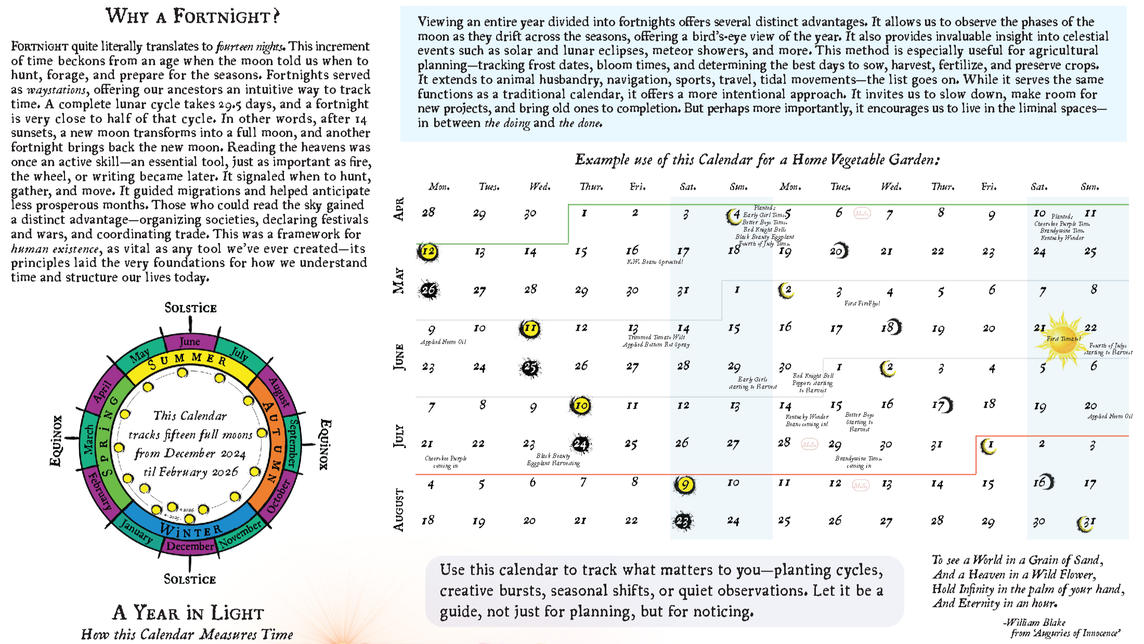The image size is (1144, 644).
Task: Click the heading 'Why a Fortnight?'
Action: coord(192,16)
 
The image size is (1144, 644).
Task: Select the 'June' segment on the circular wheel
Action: coord(189,342)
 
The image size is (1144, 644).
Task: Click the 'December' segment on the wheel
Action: coord(190,546)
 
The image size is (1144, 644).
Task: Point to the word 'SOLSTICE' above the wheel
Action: coord(190,308)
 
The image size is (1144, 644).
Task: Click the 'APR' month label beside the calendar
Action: coord(399,209)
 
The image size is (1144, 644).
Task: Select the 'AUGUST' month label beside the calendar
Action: coord(399,510)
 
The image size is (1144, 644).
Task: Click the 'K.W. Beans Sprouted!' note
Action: coord(655,262)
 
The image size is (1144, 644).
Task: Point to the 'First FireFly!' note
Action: coord(862,303)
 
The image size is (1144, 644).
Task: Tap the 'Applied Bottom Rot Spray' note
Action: coord(656,344)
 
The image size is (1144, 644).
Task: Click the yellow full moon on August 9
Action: coord(685,485)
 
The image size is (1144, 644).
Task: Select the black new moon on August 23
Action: coord(683,521)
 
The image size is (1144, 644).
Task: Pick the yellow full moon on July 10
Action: coord(581,406)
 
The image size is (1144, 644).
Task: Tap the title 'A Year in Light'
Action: coord(188,613)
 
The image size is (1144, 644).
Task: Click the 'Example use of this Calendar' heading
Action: coord(757,160)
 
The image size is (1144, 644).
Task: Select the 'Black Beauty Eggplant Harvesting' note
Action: coord(553,459)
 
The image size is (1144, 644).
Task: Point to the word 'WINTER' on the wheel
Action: coord(191,530)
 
